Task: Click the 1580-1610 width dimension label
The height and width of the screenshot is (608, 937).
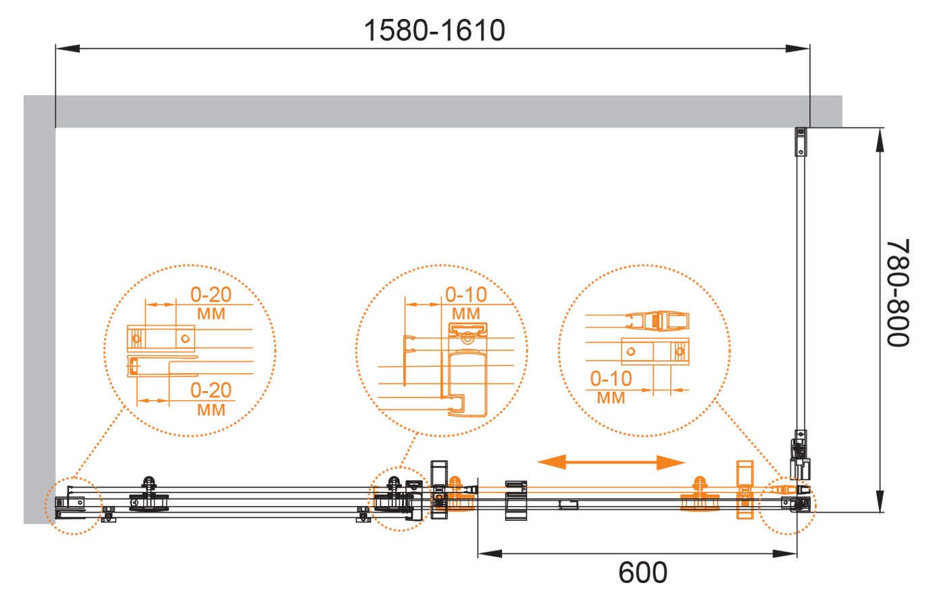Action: click(x=434, y=30)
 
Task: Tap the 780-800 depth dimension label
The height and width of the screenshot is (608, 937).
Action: click(x=898, y=293)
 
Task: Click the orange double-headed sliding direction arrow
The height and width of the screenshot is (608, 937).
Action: click(x=611, y=462)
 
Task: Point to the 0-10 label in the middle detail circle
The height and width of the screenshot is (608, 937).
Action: click(x=465, y=295)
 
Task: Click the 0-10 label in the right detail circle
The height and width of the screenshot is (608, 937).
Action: click(x=611, y=379)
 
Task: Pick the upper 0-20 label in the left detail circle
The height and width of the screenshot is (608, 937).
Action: click(x=211, y=295)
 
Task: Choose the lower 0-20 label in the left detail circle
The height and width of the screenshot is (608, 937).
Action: click(x=211, y=390)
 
